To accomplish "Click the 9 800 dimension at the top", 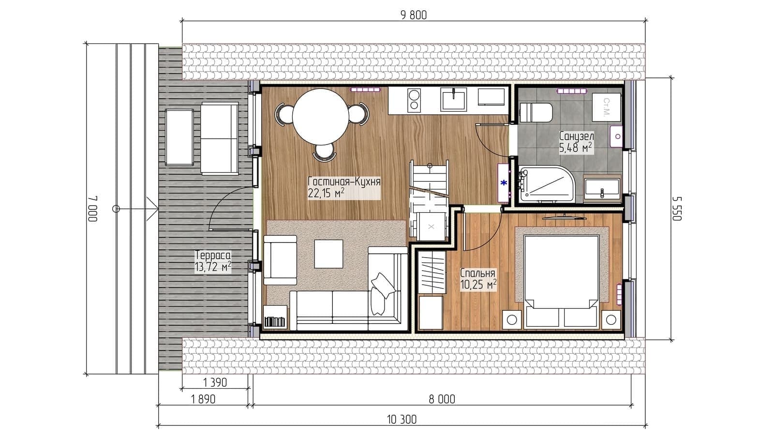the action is [x=414, y=15].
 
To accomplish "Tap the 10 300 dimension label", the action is [x=402, y=420].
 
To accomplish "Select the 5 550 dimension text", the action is [x=677, y=208].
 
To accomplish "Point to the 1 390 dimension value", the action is [x=215, y=382].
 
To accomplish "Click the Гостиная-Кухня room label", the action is [x=344, y=182].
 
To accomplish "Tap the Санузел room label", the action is [x=576, y=136].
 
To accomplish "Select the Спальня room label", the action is [x=478, y=273].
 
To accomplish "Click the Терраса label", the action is [x=213, y=256].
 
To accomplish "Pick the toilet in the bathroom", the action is [x=536, y=112].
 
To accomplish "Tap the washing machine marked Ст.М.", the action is [x=607, y=107].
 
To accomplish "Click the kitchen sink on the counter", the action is [x=453, y=99].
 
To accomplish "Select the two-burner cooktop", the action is [x=414, y=100].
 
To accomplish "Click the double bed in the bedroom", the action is [x=561, y=281].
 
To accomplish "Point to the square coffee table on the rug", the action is [x=328, y=254].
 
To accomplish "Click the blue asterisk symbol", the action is [x=504, y=183].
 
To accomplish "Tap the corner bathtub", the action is [x=546, y=184].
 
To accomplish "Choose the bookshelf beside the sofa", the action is [x=275, y=316].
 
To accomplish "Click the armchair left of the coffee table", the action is [x=280, y=260].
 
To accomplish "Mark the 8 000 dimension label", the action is [x=442, y=399].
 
